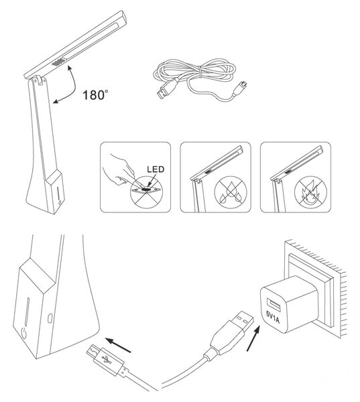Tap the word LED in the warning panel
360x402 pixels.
(x=156, y=170)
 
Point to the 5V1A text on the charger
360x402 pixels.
(x=273, y=317)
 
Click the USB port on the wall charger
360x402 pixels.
(x=274, y=304)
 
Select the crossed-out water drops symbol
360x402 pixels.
(x=231, y=192)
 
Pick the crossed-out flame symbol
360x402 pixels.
(x=310, y=192)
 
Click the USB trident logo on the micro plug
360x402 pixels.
(x=107, y=359)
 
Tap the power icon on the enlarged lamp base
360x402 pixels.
(x=23, y=333)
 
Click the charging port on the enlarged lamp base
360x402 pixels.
(x=50, y=318)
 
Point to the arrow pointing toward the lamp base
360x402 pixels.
(x=118, y=345)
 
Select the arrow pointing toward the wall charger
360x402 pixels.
(x=253, y=338)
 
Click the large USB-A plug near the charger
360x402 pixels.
(x=231, y=332)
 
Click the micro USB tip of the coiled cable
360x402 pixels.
(x=241, y=84)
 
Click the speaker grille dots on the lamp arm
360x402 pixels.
(x=59, y=62)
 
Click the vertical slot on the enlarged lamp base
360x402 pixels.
(x=27, y=312)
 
